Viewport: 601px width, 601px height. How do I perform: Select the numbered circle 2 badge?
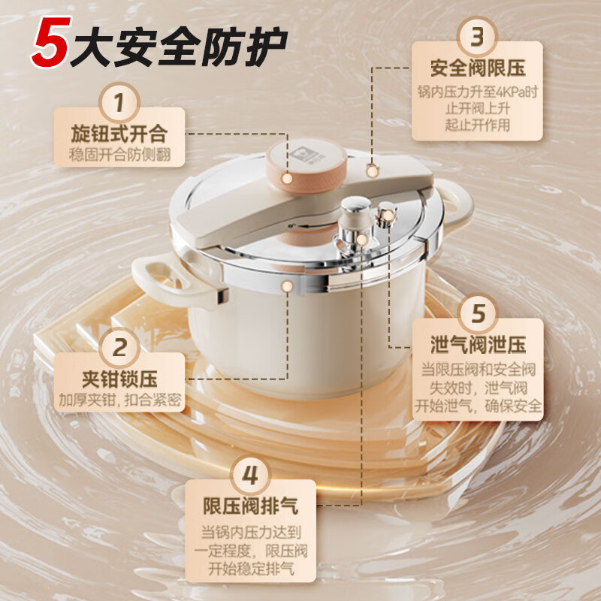120,348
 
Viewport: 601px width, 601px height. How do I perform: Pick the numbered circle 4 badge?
251,475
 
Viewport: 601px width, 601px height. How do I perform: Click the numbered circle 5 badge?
478,313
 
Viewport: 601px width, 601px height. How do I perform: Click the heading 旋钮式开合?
119,135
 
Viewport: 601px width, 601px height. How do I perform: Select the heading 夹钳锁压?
120,378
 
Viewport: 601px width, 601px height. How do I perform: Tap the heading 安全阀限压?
477,68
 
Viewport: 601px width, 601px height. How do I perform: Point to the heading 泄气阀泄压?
478,345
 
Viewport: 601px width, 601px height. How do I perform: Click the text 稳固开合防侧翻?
119,155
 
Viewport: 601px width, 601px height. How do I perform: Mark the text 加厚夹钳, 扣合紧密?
120,399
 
